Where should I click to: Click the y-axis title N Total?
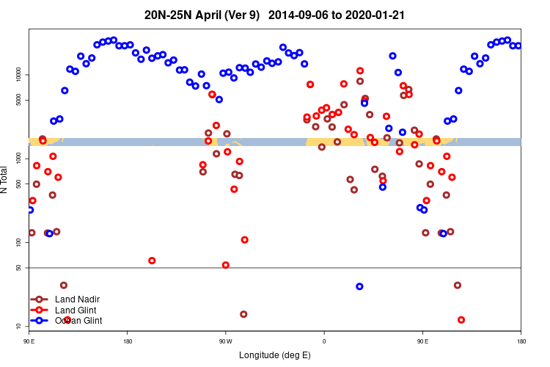[5, 179]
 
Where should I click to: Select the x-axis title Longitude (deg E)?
[275, 355]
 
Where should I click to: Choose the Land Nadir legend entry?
[77, 299]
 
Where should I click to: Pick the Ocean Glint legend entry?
[78, 321]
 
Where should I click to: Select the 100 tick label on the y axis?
[20, 242]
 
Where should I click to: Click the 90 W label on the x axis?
[225, 341]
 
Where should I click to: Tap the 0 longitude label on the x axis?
[324, 341]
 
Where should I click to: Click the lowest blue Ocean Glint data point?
[359, 286]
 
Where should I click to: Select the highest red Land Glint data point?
[359, 71]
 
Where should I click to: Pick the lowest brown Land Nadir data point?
[243, 314]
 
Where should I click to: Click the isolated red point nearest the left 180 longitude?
[152, 261]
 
